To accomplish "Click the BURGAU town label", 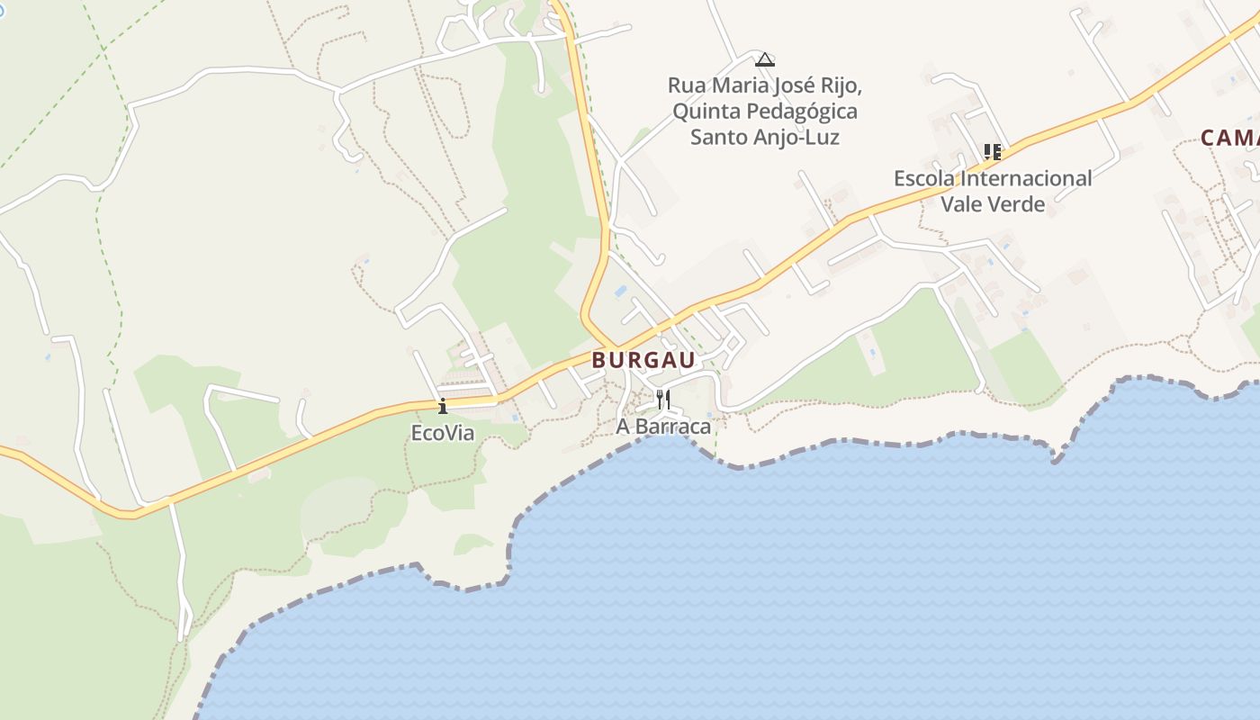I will (x=643, y=360).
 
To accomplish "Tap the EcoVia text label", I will (x=442, y=433).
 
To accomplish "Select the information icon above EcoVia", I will (x=442, y=406).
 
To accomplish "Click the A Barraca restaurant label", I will (x=663, y=426).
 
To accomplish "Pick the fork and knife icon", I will (x=663, y=399).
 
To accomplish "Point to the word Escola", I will (x=923, y=178).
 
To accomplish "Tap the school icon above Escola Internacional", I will (x=992, y=151).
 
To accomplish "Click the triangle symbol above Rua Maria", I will (x=765, y=60).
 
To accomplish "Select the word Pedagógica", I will (x=802, y=112).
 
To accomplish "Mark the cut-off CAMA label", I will (x=1229, y=138).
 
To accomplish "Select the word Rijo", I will (x=841, y=85).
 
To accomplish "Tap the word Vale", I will (x=961, y=204).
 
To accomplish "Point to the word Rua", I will (x=686, y=85).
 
